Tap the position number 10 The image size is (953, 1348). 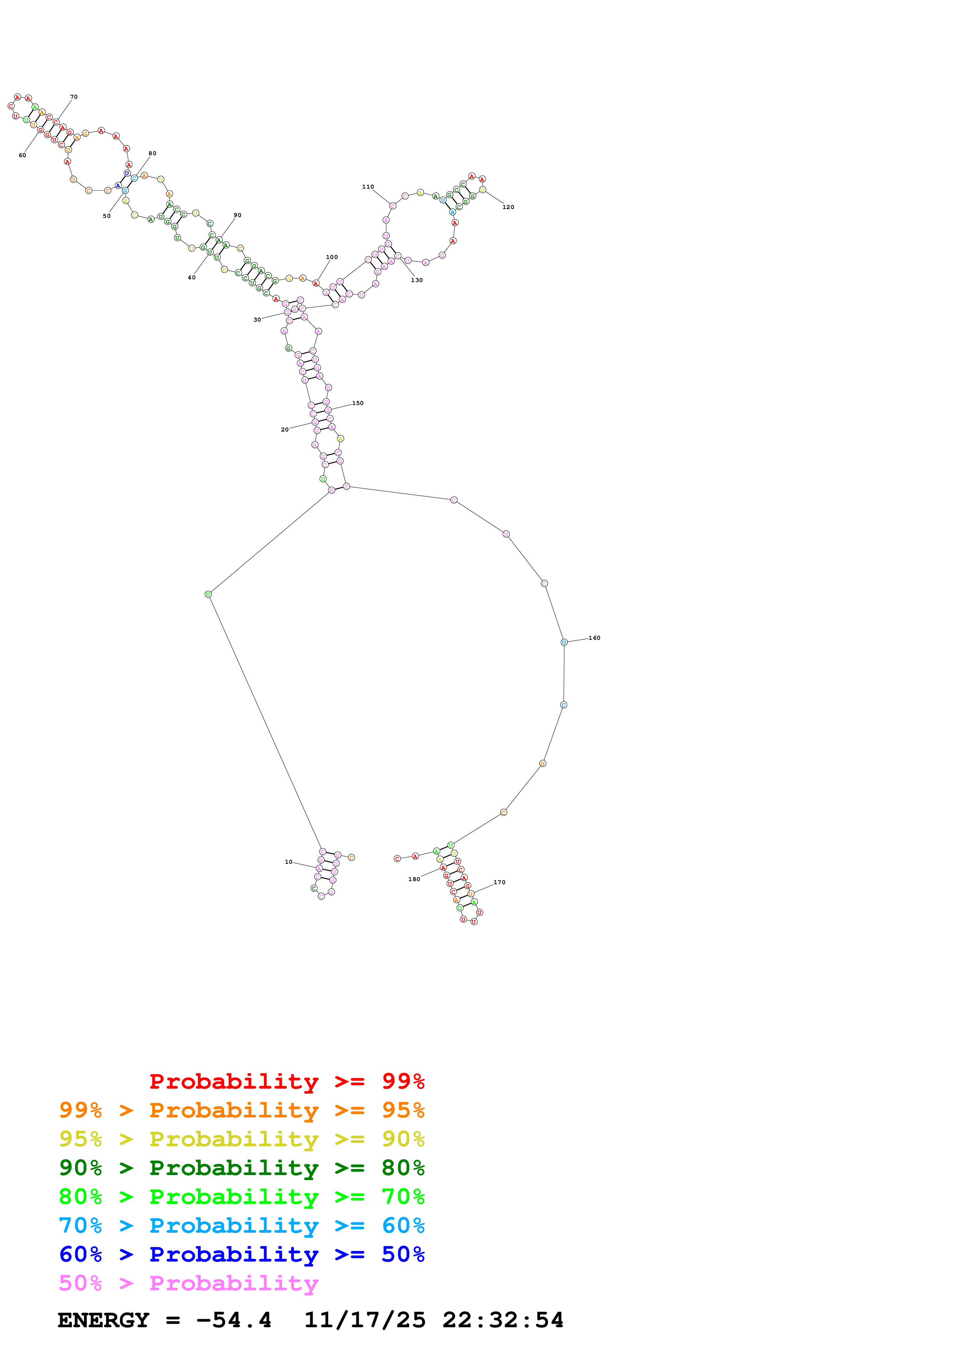click(288, 862)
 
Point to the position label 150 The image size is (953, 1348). click(358, 403)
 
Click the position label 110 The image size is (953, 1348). click(368, 187)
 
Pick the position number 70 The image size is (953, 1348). click(73, 97)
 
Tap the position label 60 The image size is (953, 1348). click(22, 156)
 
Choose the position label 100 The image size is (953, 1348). click(332, 257)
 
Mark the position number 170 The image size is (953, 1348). click(499, 882)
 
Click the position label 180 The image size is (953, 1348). click(414, 879)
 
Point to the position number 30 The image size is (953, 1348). click(257, 320)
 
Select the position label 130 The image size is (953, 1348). click(416, 280)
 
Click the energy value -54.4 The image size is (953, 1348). click(234, 1320)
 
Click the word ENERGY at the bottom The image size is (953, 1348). click(103, 1320)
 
